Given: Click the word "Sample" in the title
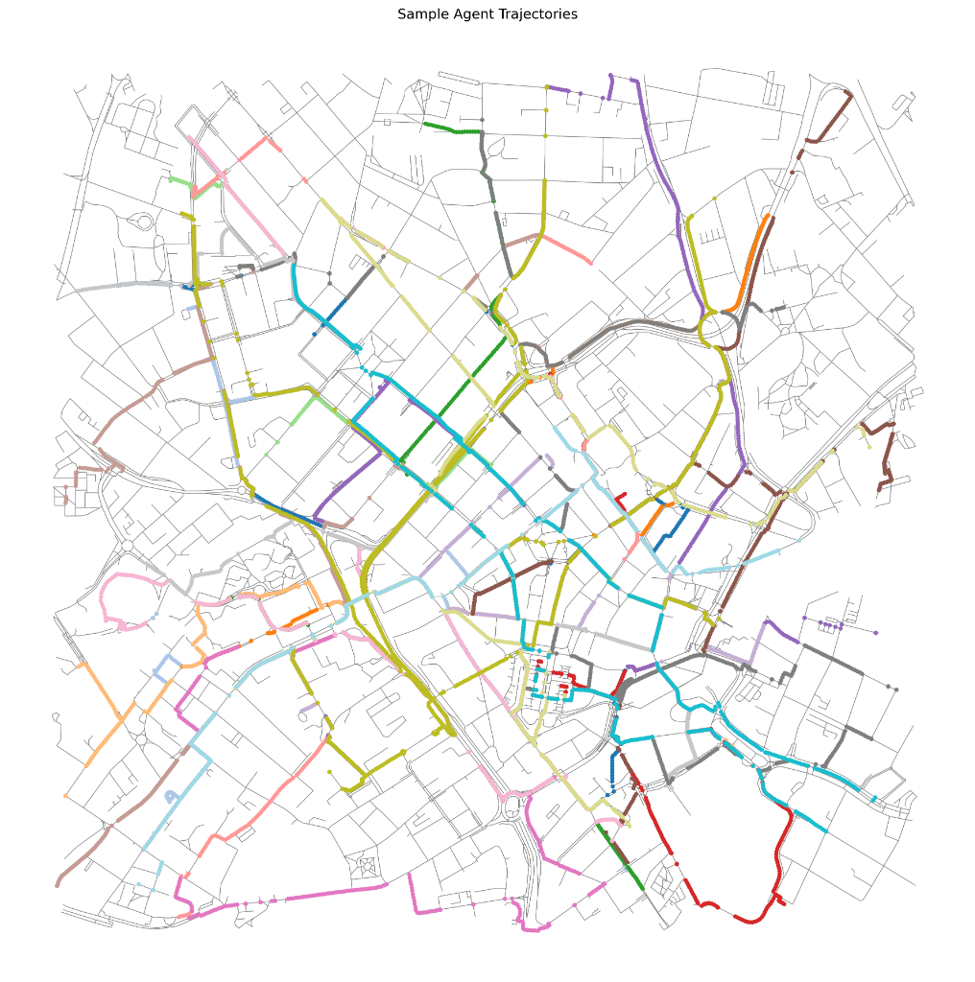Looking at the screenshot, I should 423,14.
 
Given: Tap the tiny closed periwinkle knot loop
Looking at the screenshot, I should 172,796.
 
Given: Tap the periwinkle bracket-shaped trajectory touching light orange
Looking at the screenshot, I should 168,666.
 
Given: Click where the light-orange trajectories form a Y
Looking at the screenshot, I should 144,710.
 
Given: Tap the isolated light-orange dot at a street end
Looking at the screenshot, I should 65,795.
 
